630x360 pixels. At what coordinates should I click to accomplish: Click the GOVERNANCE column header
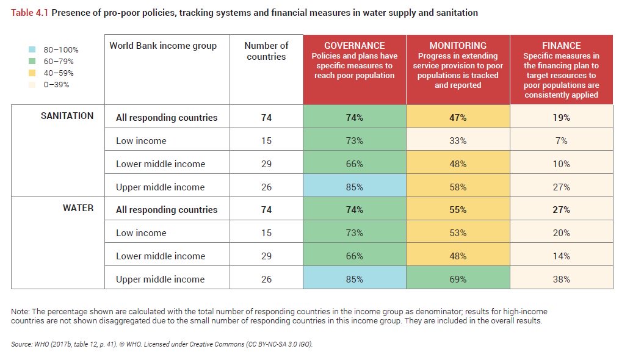click(x=354, y=46)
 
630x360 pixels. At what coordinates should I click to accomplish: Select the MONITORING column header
click(x=458, y=46)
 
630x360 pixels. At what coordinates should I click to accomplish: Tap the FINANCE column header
click(x=561, y=46)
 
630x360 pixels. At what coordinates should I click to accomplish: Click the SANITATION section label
click(x=67, y=116)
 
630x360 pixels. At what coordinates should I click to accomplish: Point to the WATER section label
click(x=78, y=208)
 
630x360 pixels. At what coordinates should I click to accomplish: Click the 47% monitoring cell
click(x=458, y=118)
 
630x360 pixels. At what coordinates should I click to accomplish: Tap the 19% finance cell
click(x=561, y=118)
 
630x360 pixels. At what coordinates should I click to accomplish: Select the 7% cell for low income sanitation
click(x=561, y=141)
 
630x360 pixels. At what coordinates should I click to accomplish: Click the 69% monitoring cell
click(x=458, y=279)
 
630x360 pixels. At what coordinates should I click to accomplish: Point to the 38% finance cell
click(x=561, y=279)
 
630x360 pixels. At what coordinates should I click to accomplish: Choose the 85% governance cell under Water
click(x=354, y=279)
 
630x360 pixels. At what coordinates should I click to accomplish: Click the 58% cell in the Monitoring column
click(x=458, y=187)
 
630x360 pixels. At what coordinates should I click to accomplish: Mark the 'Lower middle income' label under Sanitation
click(x=161, y=164)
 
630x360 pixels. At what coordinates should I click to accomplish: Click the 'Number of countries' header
click(x=266, y=51)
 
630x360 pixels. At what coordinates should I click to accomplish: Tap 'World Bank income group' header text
click(x=163, y=46)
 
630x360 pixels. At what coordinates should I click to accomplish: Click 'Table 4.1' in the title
click(x=30, y=12)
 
